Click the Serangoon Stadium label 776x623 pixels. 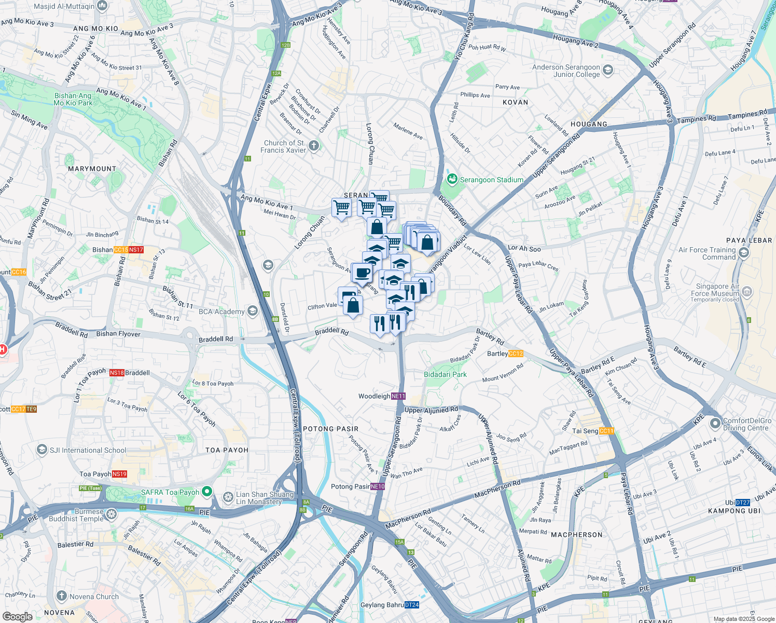coord(491,180)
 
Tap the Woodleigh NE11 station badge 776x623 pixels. coord(398,396)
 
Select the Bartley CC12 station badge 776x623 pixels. coord(516,354)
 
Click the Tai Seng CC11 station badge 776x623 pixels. coord(606,431)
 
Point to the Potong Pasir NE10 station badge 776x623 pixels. coord(378,486)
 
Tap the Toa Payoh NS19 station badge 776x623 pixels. coord(119,474)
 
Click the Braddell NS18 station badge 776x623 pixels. coord(117,373)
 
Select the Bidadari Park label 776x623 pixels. coord(445,374)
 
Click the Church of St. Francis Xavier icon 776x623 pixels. coord(314,146)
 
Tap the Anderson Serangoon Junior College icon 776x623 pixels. coord(608,70)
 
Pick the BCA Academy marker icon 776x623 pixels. coord(253,311)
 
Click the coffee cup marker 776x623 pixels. coord(363,273)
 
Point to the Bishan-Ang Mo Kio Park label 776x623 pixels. coord(73,99)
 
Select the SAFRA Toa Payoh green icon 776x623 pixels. coord(207,491)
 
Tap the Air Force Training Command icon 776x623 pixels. coord(744,253)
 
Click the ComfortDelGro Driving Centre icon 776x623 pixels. coord(715,424)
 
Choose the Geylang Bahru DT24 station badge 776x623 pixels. coord(412,605)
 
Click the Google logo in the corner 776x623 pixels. coord(17,616)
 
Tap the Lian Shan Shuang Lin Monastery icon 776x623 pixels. coord(228,497)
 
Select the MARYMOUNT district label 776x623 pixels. coord(92,169)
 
